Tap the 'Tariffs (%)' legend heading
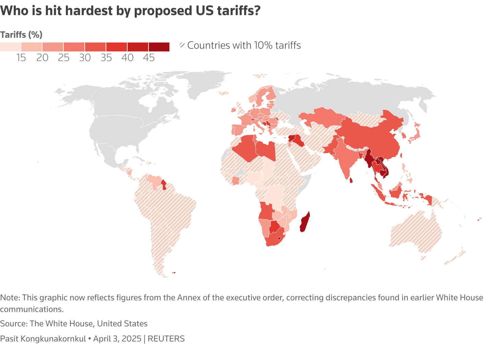[21, 35]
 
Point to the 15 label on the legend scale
[21, 58]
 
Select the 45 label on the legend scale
[149, 58]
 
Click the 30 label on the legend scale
[85, 58]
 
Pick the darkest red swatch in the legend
[159, 47]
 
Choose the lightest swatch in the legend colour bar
[10, 47]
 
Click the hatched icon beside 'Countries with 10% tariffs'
[182, 45]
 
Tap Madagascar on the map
[305, 222]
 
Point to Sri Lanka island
[351, 180]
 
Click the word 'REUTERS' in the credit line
[166, 339]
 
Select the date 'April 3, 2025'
[117, 339]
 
